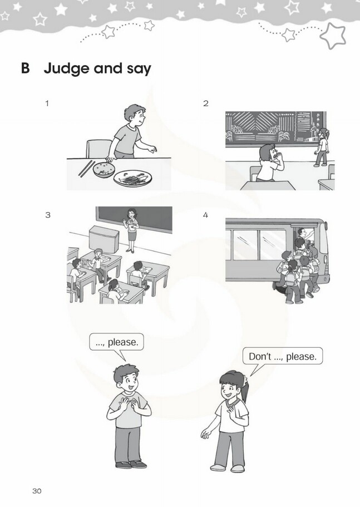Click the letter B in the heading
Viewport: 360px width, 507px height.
click(25, 68)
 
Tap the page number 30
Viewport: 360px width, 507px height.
click(37, 491)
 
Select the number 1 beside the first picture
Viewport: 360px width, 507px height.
click(47, 104)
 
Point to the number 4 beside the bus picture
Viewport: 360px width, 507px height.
click(205, 215)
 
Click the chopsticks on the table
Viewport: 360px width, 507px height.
click(86, 169)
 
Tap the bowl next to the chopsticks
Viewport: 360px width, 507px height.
click(103, 170)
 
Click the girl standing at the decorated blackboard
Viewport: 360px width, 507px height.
click(321, 147)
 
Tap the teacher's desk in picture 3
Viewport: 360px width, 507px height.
click(103, 239)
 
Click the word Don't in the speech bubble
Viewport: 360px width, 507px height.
click(260, 356)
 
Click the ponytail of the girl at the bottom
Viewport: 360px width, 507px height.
click(245, 388)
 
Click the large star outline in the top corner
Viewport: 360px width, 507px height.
click(333, 36)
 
